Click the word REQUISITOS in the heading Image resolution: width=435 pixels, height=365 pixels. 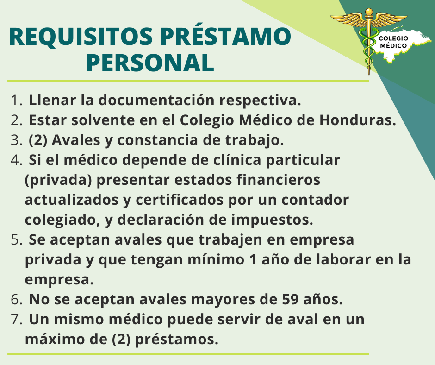tap(81, 37)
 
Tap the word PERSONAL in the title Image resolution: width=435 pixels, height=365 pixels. tap(150, 63)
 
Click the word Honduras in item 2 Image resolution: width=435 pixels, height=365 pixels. tap(358, 120)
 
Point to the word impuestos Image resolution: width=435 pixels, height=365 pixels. tap(272, 220)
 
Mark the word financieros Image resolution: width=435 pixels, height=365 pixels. tap(279, 180)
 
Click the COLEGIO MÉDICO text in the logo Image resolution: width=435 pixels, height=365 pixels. tap(393, 42)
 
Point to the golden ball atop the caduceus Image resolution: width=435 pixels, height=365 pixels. tap(369, 12)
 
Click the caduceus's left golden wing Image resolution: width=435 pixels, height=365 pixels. tap(348, 20)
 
